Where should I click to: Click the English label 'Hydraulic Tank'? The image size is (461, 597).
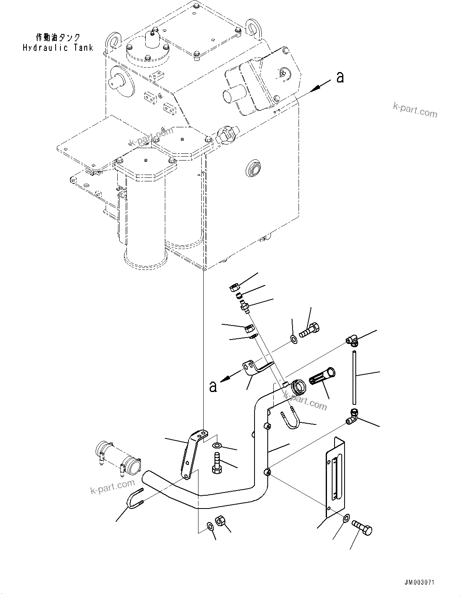(x=58, y=48)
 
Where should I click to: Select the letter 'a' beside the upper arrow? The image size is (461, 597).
(x=340, y=77)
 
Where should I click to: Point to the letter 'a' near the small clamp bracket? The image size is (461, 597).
(x=213, y=386)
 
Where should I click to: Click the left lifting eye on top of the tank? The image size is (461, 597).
(x=112, y=41)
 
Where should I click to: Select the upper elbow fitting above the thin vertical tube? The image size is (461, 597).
(x=353, y=341)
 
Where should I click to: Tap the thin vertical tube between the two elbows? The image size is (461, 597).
(x=354, y=377)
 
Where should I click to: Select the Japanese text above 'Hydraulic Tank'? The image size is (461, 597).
(x=58, y=37)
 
